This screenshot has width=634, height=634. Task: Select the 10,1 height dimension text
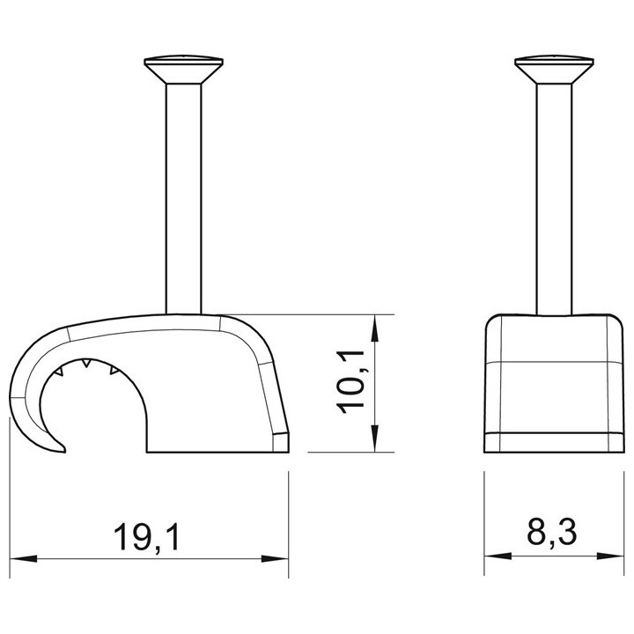point(350,382)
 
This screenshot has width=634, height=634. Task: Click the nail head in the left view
point(184,70)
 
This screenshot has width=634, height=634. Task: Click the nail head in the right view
point(555,70)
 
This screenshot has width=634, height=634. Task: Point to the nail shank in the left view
point(183,199)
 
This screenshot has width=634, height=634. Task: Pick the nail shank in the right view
point(554,199)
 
